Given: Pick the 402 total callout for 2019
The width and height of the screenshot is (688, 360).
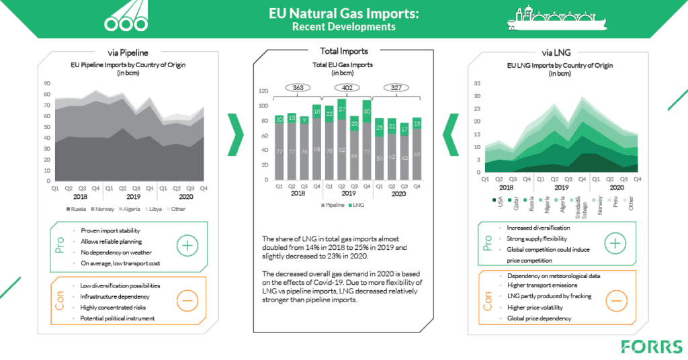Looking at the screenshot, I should (x=347, y=88).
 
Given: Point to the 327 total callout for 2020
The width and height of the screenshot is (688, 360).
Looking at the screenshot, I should (x=396, y=88).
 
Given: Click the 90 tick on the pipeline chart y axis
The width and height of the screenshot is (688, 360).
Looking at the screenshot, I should (x=47, y=84).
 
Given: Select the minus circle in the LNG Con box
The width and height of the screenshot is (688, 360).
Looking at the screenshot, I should (x=617, y=300).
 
